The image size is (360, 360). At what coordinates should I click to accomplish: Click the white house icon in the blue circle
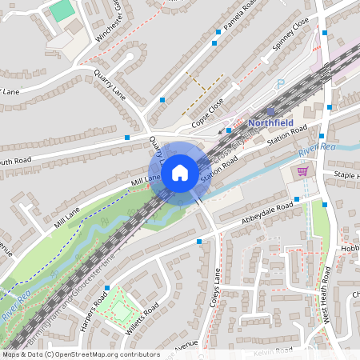pos(180,171)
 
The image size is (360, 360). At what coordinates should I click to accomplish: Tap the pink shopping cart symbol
pos(303,170)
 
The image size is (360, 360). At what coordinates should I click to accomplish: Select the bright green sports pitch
pos(61,11)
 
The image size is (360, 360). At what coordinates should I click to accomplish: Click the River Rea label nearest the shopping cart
pos(317,148)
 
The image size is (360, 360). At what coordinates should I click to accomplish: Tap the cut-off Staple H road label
pos(346,174)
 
